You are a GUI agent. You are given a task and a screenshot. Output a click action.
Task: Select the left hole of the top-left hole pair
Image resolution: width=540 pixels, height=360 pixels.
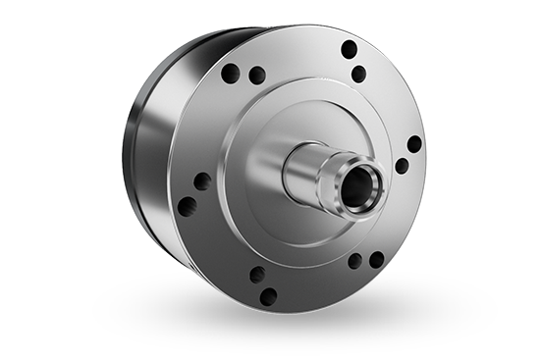tap(231, 72)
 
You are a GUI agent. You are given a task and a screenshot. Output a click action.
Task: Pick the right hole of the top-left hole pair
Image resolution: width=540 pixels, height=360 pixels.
tap(256, 75)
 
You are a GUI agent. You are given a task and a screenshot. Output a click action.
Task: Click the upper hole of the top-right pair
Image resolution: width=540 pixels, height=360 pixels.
tap(349, 49)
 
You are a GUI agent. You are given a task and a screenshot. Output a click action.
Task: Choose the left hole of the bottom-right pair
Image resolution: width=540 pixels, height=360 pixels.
tap(354, 262)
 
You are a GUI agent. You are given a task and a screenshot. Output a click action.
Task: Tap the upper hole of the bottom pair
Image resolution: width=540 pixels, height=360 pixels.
tap(257, 274)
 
